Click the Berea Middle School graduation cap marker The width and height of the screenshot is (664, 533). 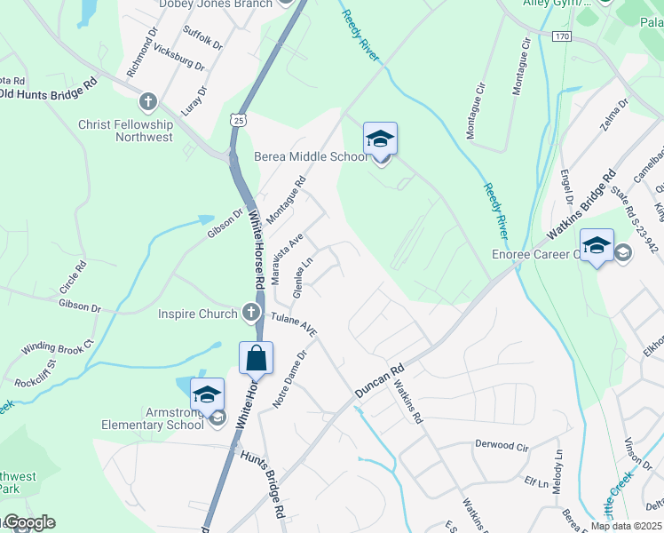click(x=380, y=139)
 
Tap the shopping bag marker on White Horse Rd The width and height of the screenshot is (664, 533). click(x=257, y=360)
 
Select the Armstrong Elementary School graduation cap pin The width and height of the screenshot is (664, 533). click(x=207, y=395)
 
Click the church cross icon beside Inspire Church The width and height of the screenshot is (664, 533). click(x=252, y=313)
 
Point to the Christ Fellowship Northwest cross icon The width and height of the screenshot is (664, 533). click(x=147, y=100)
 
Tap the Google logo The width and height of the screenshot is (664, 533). click(x=28, y=522)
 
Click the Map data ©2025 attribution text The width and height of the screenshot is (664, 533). click(x=626, y=526)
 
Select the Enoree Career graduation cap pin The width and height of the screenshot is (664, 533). click(x=597, y=246)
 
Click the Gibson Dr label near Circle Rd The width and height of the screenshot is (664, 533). click(x=80, y=306)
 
